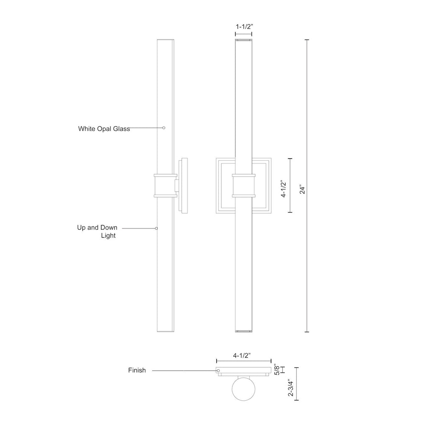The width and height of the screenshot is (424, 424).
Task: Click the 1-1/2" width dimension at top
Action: point(244,26)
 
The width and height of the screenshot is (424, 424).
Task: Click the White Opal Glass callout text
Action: point(104,128)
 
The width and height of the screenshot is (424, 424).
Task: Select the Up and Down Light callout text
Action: point(97,232)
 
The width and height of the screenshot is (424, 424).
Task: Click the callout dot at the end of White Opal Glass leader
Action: point(164,128)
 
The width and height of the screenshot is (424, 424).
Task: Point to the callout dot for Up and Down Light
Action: point(156,228)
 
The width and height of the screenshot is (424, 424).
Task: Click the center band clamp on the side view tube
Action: point(165,185)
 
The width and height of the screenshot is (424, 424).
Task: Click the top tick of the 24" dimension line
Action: point(307,40)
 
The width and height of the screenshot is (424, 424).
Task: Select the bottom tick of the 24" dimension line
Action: point(307,331)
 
